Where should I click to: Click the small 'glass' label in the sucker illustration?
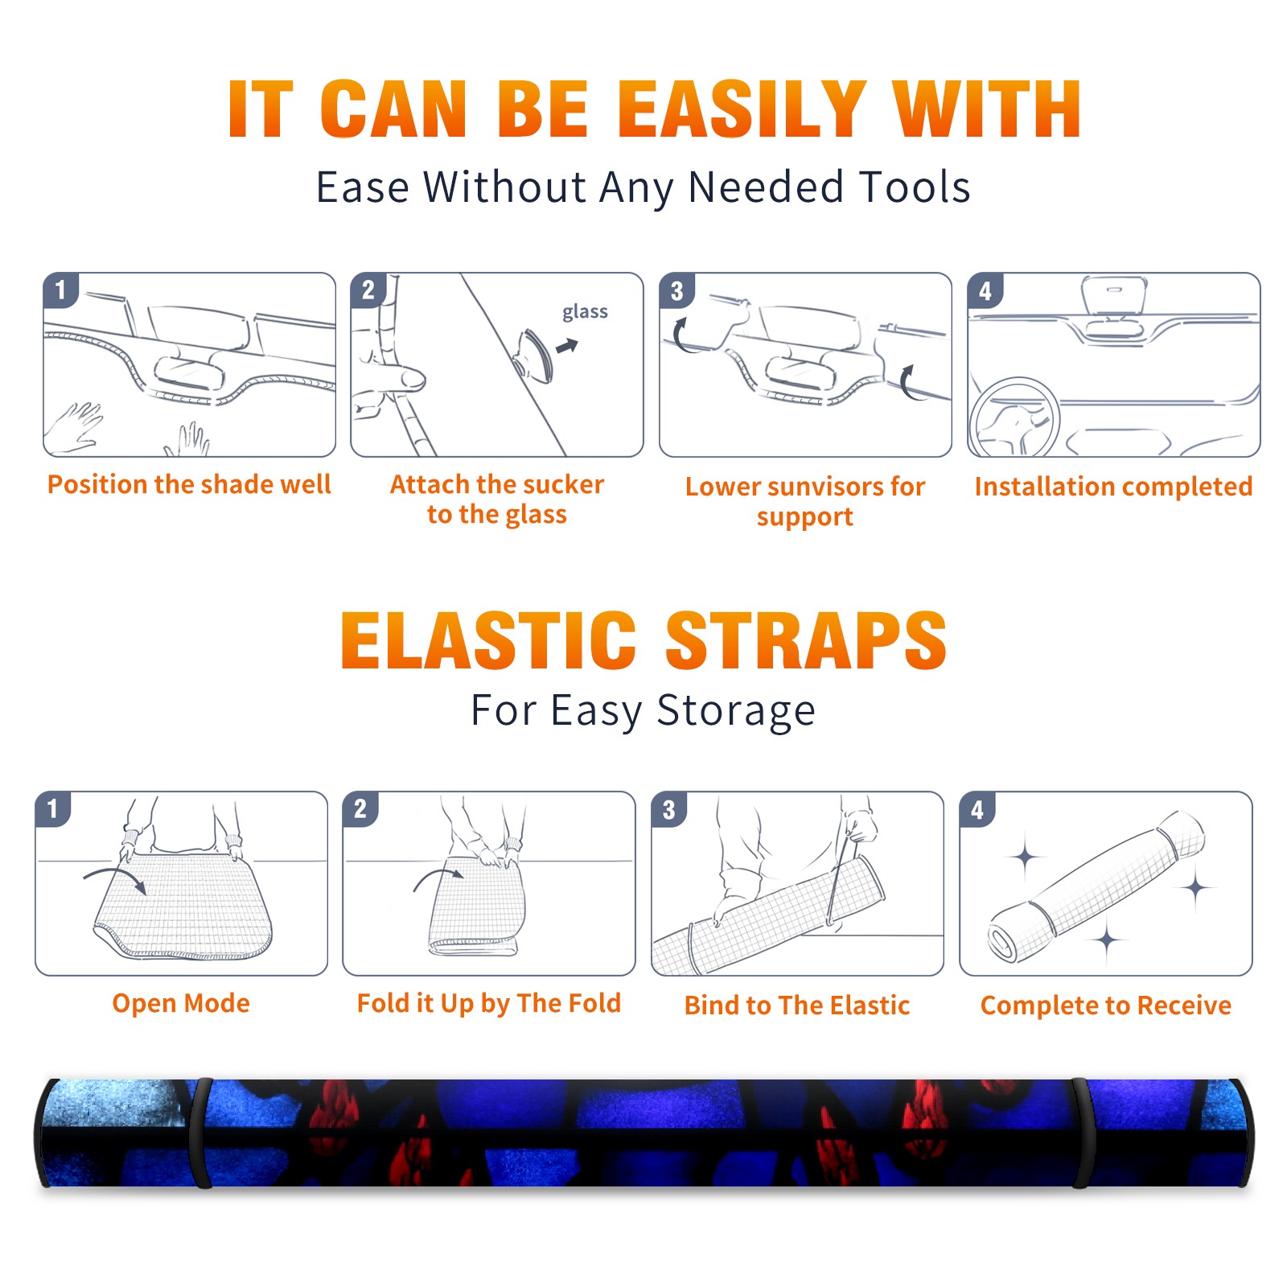[585, 312]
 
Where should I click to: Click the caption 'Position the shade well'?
[189, 484]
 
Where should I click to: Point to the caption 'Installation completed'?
[1113, 486]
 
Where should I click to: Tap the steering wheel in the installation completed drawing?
[1015, 418]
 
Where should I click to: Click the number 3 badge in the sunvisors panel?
[676, 291]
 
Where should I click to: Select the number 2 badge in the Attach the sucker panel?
[368, 290]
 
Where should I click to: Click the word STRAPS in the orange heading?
[806, 640]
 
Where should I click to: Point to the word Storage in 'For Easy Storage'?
[736, 710]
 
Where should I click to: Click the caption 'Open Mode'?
[181, 1003]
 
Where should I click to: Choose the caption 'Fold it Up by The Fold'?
[489, 1003]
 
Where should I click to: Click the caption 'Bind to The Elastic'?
[797, 1005]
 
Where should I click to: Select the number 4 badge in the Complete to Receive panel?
[977, 809]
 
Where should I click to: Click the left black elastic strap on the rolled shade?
[201, 1133]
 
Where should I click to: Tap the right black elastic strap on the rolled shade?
[1083, 1133]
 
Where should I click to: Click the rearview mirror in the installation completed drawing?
[1114, 295]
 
